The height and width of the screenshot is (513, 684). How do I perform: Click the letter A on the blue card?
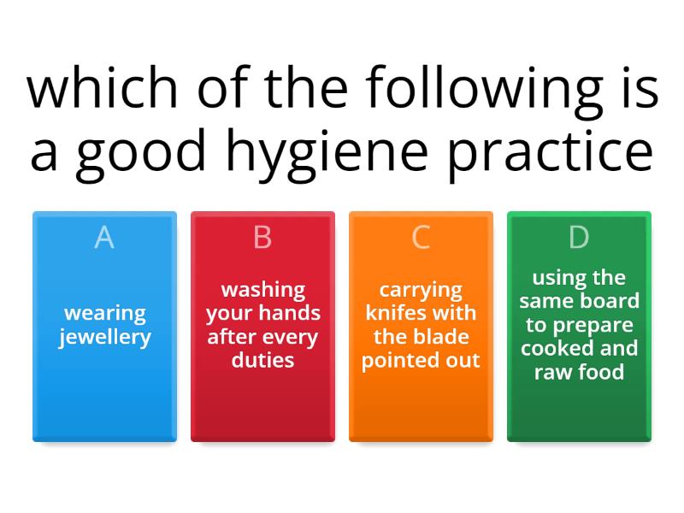(104, 238)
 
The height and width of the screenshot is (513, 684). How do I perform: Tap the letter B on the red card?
(262, 238)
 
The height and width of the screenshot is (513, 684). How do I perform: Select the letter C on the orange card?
(421, 238)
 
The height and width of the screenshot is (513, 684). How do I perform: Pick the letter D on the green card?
(579, 238)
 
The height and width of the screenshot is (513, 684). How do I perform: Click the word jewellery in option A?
(104, 337)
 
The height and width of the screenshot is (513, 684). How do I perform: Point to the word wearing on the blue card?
(104, 313)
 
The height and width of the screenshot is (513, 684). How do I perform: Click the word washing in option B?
(262, 290)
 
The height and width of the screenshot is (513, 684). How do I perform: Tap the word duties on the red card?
(262, 360)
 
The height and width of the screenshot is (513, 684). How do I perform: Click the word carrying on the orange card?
(421, 290)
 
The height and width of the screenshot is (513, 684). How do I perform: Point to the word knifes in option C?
(395, 313)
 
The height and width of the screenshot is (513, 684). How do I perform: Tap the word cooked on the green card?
(556, 348)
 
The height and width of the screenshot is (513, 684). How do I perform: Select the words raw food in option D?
(579, 372)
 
